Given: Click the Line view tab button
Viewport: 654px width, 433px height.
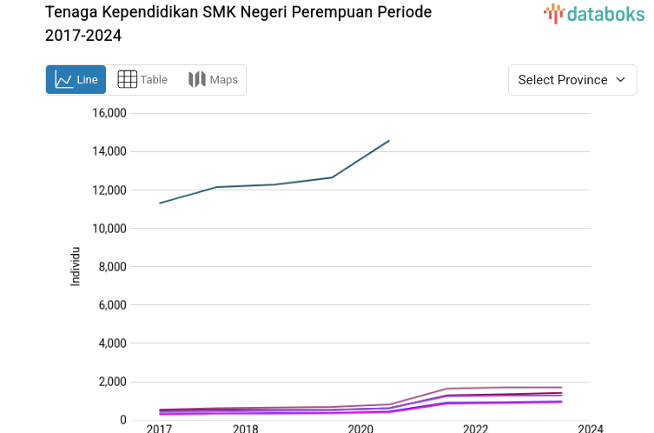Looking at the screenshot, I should pyautogui.click(x=76, y=80).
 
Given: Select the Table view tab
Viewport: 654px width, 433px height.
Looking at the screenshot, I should pyautogui.click(x=142, y=80).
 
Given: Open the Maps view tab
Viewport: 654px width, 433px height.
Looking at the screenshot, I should pyautogui.click(x=213, y=80).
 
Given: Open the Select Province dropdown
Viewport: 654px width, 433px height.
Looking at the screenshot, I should pyautogui.click(x=572, y=80).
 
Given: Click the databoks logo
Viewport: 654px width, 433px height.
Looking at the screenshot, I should pyautogui.click(x=594, y=13).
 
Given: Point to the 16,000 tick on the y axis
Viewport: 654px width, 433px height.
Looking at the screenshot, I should pyautogui.click(x=109, y=113).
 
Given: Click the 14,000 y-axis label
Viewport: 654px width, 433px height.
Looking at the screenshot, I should pyautogui.click(x=109, y=151).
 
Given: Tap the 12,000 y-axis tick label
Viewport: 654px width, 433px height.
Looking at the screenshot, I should pyautogui.click(x=109, y=190).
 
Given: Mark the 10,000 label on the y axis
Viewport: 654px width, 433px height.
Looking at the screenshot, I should pyautogui.click(x=109, y=228).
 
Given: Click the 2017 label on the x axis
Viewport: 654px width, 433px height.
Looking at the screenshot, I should pyautogui.click(x=159, y=429).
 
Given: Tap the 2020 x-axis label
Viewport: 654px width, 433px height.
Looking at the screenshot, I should pyautogui.click(x=360, y=429).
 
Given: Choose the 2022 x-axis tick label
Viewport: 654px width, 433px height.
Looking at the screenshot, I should pyautogui.click(x=475, y=429).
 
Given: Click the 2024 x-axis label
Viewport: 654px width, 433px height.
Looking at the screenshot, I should pyautogui.click(x=590, y=429).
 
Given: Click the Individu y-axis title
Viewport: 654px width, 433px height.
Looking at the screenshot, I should pyautogui.click(x=76, y=267).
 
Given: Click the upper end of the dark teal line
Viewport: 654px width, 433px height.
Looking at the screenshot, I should pyautogui.click(x=389, y=140).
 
